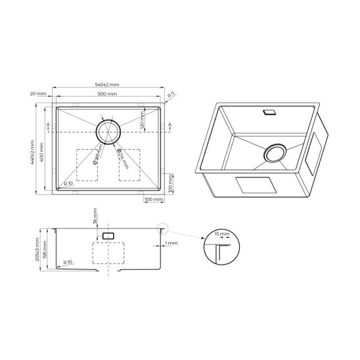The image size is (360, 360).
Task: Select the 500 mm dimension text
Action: click(108, 95)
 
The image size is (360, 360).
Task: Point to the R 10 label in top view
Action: click(68, 183)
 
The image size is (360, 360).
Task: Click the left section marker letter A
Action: click(49, 125)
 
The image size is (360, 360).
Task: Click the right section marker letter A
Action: click(169, 125)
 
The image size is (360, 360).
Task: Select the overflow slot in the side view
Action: click(109, 235)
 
